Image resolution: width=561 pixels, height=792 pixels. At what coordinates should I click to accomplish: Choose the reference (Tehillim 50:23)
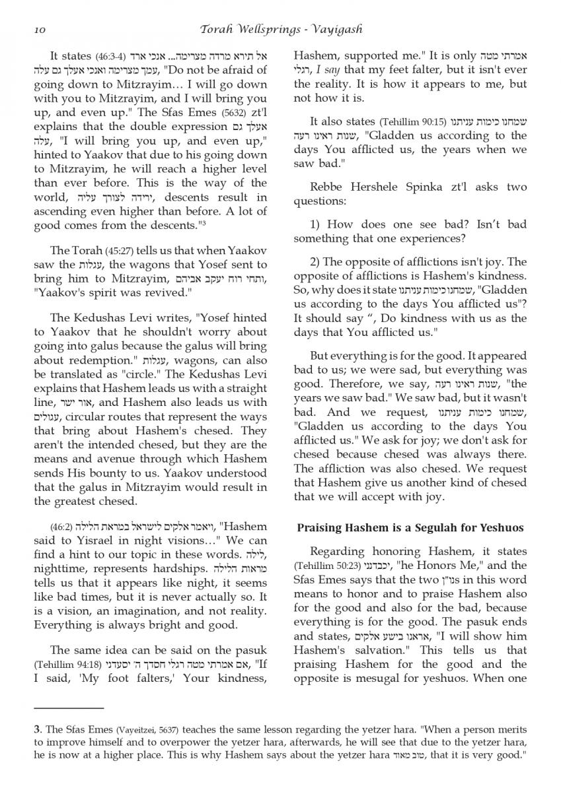323,566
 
